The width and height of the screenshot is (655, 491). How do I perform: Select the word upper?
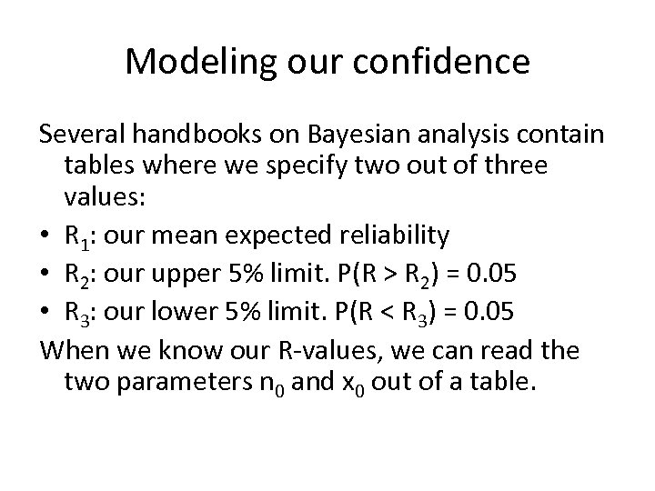[183, 270]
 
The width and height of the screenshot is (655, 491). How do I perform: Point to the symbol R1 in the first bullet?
[76, 237]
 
